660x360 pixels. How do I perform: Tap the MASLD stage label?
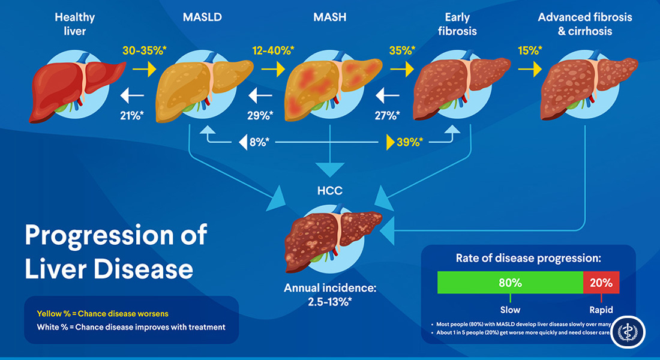pyautogui.click(x=202, y=17)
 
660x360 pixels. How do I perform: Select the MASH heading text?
pyautogui.click(x=329, y=17)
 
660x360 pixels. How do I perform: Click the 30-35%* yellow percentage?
pyautogui.click(x=143, y=51)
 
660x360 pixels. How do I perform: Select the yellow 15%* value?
pyautogui.click(x=528, y=51)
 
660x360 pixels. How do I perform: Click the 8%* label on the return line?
pyautogui.click(x=259, y=142)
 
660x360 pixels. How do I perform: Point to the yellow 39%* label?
pyautogui.click(x=410, y=142)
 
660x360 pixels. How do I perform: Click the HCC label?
pyautogui.click(x=329, y=191)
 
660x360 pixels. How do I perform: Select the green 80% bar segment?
pyautogui.click(x=510, y=282)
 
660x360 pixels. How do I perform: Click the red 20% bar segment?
pyautogui.click(x=601, y=282)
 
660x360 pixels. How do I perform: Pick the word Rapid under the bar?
pyautogui.click(x=601, y=310)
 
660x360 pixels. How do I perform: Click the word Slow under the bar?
pyautogui.click(x=510, y=310)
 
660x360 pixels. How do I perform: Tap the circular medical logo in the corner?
pyautogui.click(x=628, y=332)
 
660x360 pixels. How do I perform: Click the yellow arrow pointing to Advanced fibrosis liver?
pyautogui.click(x=528, y=70)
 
